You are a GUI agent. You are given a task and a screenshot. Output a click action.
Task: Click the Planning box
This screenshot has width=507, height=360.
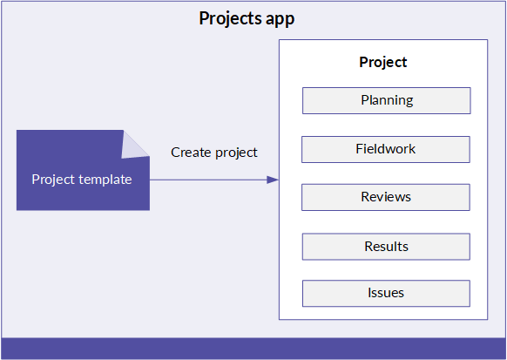coord(387,100)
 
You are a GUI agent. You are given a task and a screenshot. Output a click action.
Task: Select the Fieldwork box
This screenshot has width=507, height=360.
coord(386,149)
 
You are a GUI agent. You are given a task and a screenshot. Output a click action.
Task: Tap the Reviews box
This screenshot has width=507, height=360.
coord(386,197)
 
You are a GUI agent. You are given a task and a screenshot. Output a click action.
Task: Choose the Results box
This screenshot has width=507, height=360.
coord(386,247)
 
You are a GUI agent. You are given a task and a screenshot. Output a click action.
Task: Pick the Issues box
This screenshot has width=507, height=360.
coord(386,294)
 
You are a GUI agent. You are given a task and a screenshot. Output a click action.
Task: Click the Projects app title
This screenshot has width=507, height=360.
coord(247,19)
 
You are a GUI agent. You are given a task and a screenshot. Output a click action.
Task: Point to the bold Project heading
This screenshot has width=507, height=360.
coord(383,63)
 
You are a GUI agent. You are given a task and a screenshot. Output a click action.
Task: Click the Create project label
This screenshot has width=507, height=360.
coord(214,153)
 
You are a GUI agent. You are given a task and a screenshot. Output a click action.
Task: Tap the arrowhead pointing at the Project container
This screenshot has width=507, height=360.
coord(273,180)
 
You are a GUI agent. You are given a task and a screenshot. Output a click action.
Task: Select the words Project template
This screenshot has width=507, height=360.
coord(82,180)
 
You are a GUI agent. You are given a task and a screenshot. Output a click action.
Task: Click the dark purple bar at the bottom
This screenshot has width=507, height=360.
coord(253,349)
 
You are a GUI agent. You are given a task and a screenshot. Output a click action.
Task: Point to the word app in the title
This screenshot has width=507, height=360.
coord(280,20)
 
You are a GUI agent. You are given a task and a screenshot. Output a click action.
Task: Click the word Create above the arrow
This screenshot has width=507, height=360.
coord(191,153)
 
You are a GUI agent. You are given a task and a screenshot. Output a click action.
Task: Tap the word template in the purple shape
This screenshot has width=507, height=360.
coord(105,180)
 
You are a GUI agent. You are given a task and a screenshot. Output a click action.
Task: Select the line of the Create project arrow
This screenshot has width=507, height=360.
coord(214,180)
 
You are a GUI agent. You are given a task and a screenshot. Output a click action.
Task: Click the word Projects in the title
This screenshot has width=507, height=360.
coord(231,19)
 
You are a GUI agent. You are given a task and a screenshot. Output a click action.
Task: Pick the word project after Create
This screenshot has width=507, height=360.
coord(236,153)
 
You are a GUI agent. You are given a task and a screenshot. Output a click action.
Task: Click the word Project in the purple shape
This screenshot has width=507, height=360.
coord(53,180)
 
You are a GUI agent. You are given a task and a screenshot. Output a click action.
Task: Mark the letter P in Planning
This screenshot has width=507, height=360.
coord(365,100)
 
